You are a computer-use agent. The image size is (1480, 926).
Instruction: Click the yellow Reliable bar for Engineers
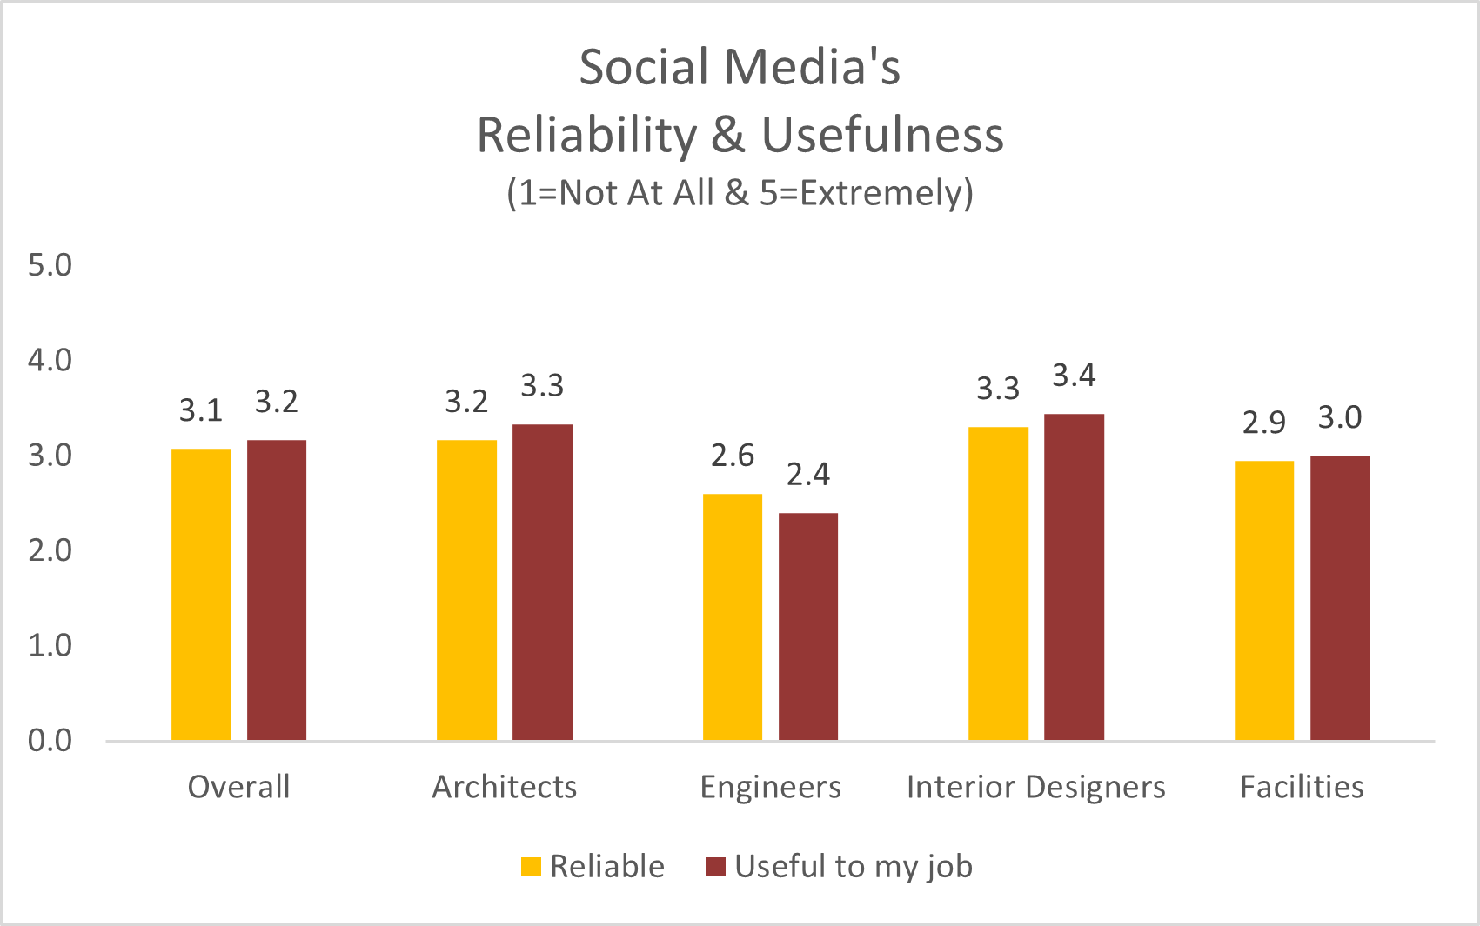click(732, 617)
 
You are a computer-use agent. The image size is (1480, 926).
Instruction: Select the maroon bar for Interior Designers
click(1074, 577)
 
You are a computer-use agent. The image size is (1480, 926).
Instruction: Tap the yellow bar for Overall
click(201, 595)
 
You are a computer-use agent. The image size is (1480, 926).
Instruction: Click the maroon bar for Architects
click(542, 583)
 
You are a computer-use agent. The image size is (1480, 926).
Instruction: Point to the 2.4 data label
click(807, 475)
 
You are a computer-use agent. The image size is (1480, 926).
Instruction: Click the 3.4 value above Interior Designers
click(1074, 376)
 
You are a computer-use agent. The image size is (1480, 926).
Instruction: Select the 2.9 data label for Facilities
click(1263, 423)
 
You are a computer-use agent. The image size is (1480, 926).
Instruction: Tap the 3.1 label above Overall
click(201, 410)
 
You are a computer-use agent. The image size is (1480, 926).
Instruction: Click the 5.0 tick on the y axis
click(50, 265)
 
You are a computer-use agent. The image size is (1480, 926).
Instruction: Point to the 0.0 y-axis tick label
click(50, 741)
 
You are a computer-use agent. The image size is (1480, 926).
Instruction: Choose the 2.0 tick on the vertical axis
click(50, 550)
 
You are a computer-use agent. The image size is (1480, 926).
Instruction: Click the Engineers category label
click(770, 787)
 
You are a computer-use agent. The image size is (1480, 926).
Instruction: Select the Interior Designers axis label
click(1035, 787)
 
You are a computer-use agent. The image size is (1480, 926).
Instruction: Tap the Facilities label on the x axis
click(1302, 787)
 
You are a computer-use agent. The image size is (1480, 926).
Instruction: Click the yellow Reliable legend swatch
click(531, 867)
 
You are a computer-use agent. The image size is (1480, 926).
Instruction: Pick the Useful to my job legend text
click(853, 867)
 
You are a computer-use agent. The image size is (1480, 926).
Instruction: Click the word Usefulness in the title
click(882, 136)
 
